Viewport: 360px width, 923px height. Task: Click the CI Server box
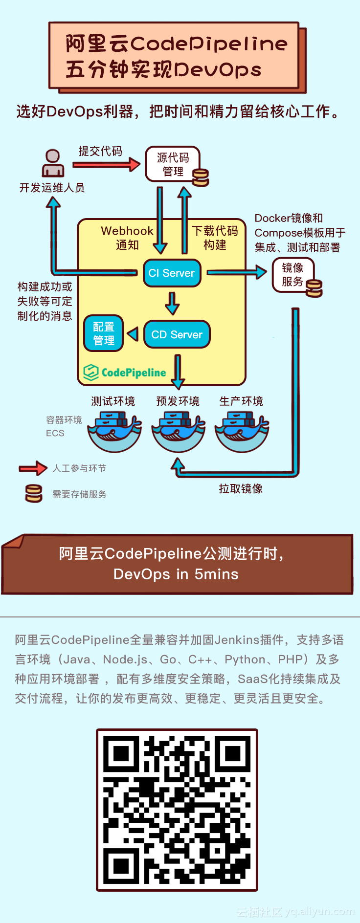click(172, 273)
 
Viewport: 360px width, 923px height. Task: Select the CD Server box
click(177, 334)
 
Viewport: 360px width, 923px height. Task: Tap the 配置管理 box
click(103, 333)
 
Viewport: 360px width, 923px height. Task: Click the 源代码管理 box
click(173, 164)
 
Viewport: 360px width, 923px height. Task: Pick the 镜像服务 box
click(292, 275)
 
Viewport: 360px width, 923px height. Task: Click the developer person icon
click(53, 163)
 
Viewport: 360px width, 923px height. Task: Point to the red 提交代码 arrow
click(106, 165)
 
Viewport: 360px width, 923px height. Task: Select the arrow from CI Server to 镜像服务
click(237, 272)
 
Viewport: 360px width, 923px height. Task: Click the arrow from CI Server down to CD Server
click(172, 303)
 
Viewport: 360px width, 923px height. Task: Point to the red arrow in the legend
click(33, 468)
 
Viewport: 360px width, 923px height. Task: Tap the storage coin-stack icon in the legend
click(34, 494)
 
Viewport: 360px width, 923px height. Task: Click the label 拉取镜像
click(241, 489)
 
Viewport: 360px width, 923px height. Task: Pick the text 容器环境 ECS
click(64, 426)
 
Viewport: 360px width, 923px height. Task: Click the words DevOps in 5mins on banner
click(176, 574)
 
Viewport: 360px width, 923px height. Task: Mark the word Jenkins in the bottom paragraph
click(236, 640)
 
